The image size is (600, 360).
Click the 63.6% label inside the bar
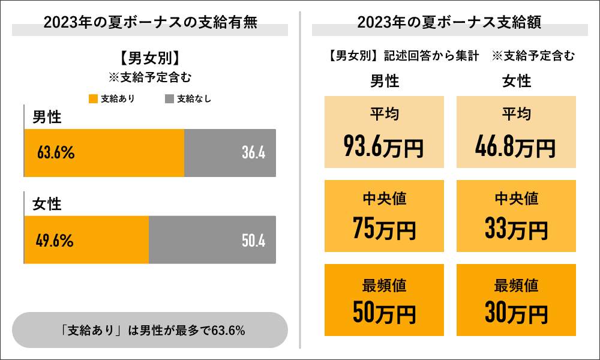coord(55,153)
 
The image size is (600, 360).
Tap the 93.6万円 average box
coord(384,131)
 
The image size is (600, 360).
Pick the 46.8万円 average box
coord(516,131)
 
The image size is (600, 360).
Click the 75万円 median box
coord(384,216)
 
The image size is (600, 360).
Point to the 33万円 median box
coord(516,216)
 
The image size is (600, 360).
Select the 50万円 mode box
coord(384,300)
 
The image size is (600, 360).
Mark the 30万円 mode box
coord(516,300)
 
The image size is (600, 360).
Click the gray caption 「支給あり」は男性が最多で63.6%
coord(150,330)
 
